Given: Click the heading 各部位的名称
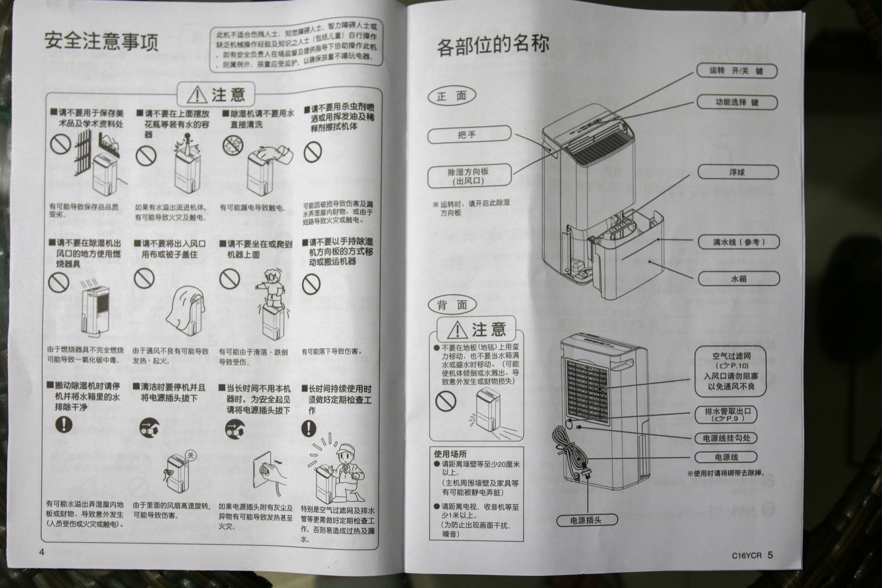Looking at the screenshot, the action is tap(492, 45).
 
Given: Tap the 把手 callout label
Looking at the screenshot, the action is tap(469, 135).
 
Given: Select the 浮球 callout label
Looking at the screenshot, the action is tap(738, 172).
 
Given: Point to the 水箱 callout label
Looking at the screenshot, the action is tap(739, 278).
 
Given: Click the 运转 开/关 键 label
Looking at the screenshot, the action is tap(736, 70).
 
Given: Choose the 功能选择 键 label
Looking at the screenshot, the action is tap(737, 102).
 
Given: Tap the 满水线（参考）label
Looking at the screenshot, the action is tap(739, 242).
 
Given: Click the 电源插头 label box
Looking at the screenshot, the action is tap(587, 520).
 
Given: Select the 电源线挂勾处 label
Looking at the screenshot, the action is tap(726, 438).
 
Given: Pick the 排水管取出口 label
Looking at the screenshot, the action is tap(726, 414).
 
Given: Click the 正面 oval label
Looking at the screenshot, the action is tap(452, 96).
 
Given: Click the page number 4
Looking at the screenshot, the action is tap(42, 553).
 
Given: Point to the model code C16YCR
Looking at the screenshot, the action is tap(746, 555).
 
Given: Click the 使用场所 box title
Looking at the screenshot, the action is tap(450, 453).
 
